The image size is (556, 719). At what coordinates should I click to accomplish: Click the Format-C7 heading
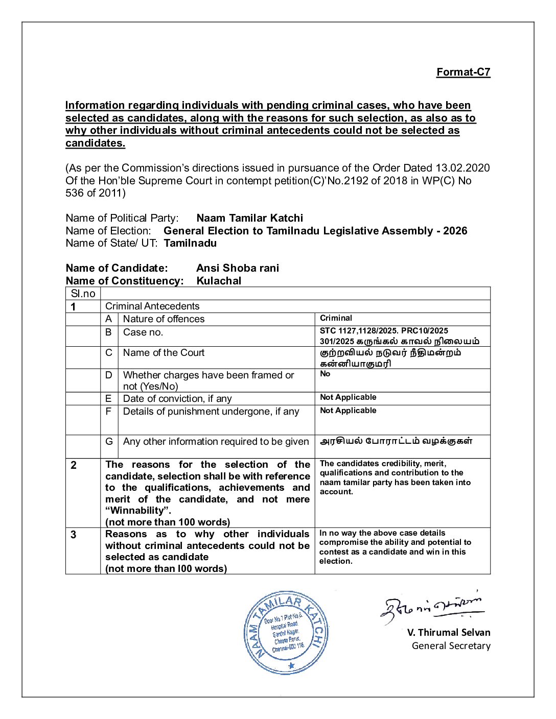tap(463, 72)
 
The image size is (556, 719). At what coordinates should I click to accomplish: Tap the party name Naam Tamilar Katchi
tap(249, 218)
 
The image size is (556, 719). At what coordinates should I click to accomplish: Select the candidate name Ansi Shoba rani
tap(238, 268)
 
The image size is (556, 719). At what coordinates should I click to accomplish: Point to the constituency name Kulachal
tap(219, 281)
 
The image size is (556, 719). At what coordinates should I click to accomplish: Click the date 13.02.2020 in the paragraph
tap(462, 168)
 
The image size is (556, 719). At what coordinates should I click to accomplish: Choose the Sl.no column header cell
tap(83, 294)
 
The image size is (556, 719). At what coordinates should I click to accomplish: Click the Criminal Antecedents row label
tap(152, 306)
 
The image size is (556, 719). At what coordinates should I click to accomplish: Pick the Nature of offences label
tap(164, 319)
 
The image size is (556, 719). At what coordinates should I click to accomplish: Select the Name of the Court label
tap(164, 353)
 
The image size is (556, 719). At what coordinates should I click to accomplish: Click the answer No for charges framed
tap(325, 374)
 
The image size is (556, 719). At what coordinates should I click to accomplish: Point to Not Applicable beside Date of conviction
tap(348, 397)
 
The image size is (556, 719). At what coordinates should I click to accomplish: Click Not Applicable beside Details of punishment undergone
tap(348, 411)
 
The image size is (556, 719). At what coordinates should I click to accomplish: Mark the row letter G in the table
tap(109, 442)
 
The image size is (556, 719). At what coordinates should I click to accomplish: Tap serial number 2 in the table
tap(74, 465)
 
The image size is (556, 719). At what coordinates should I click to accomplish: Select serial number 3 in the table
tap(74, 535)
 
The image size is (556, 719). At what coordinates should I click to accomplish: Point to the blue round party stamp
tap(287, 633)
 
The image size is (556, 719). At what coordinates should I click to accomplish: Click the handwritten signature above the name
tap(432, 606)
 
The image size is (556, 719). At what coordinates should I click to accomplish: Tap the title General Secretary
tap(451, 646)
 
